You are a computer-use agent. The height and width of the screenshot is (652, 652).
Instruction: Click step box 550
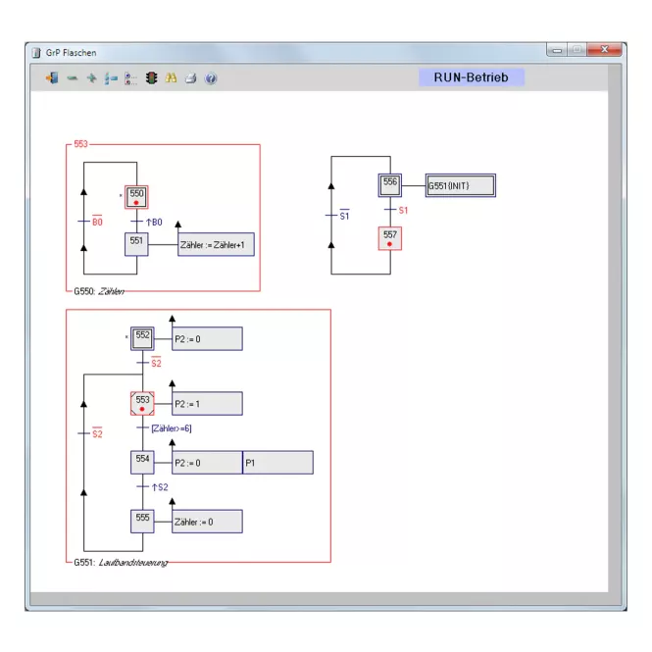coord(136,197)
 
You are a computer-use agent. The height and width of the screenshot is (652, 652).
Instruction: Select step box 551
coord(136,244)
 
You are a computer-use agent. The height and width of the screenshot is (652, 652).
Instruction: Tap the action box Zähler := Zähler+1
coord(216,244)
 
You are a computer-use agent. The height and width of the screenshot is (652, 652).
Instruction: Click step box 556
coord(390,185)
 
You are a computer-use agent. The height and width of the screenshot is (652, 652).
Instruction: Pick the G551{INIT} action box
coord(461,185)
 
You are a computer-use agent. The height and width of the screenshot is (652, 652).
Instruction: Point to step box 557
coord(390,238)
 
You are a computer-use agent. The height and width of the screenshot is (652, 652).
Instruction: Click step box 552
coord(142,338)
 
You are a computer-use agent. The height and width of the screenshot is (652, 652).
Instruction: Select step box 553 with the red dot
coord(142,403)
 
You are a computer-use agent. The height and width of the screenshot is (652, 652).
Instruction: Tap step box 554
coord(142,463)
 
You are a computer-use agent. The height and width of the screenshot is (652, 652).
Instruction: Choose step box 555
coord(142,522)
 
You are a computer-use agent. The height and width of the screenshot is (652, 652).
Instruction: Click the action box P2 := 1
coord(207,403)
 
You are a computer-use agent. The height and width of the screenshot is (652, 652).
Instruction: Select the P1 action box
coord(277,463)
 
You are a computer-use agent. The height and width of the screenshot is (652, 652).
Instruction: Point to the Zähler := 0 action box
coord(207,522)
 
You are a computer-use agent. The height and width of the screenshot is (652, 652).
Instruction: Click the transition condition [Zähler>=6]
coord(172,428)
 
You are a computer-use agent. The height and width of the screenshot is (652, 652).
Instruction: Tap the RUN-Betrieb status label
coord(472,77)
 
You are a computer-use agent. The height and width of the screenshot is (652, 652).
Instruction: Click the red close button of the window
coord(605,49)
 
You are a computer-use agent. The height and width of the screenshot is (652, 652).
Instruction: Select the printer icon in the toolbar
coord(191,77)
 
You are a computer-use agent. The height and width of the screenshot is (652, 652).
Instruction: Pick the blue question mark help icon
coord(211,78)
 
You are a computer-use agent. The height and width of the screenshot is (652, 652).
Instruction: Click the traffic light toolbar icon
coord(151,77)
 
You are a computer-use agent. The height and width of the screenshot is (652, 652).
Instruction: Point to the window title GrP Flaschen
coord(72,53)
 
